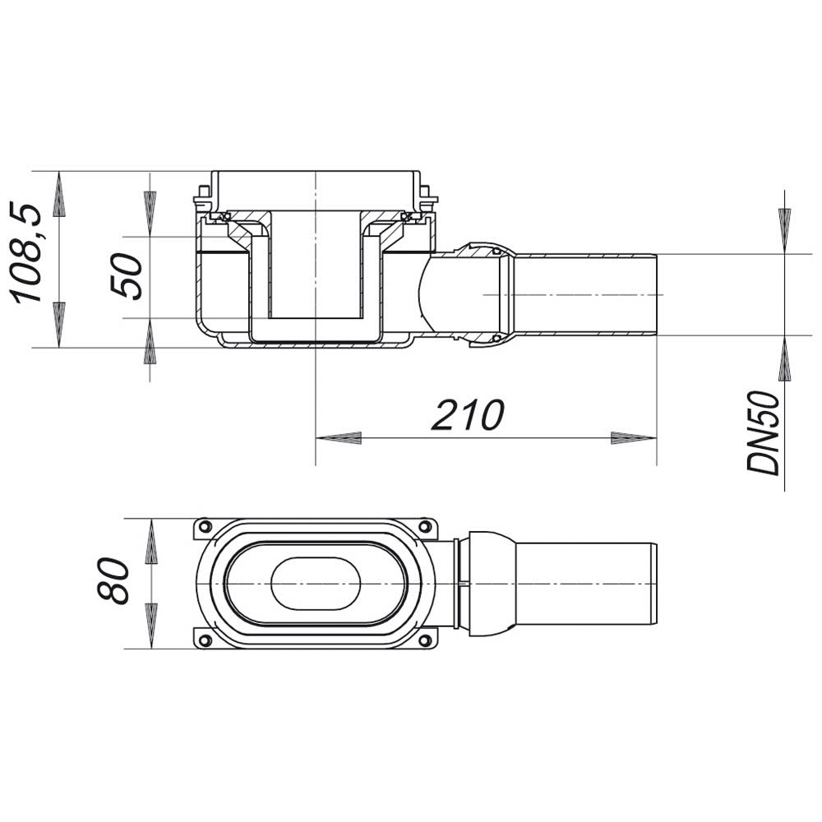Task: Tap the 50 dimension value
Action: tap(127, 276)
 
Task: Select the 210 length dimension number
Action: tap(468, 414)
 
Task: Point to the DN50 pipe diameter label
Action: tap(764, 433)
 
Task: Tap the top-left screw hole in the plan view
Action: tap(205, 526)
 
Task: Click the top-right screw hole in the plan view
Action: tap(426, 526)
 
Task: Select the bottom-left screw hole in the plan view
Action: tap(205, 640)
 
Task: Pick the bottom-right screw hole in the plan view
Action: tap(426, 640)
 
